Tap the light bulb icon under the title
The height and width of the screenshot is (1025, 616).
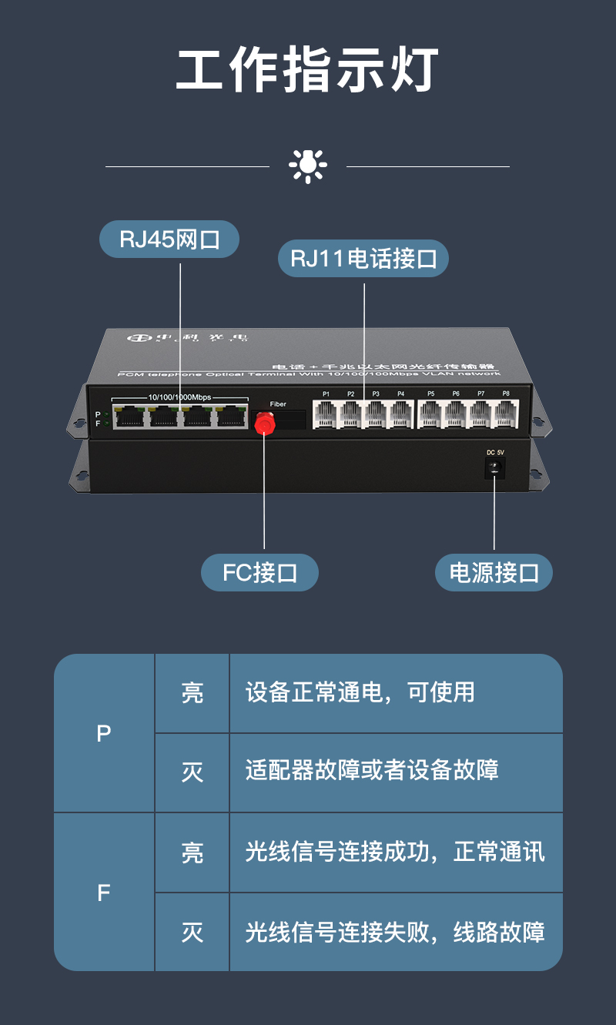[307, 166]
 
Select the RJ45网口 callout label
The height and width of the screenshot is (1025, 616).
[169, 240]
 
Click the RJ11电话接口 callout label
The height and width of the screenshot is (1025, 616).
[363, 258]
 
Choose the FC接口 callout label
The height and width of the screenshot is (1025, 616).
[259, 573]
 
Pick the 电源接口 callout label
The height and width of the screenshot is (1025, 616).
[494, 573]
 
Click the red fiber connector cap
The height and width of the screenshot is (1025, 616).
[265, 423]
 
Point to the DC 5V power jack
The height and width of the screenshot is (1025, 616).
[494, 467]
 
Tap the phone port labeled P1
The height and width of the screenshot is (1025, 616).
[326, 414]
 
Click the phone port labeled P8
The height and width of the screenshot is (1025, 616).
[506, 414]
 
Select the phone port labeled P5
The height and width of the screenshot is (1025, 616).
[430, 414]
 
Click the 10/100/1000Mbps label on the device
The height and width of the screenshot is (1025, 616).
[179, 397]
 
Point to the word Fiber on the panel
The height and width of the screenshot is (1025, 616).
[278, 404]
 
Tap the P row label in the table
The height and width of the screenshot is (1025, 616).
[104, 733]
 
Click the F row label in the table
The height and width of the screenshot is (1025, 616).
[104, 893]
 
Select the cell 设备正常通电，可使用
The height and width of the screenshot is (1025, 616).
[360, 692]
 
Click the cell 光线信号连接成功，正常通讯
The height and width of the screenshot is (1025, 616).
[395, 852]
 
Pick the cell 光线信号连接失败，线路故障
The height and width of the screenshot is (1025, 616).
[395, 933]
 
